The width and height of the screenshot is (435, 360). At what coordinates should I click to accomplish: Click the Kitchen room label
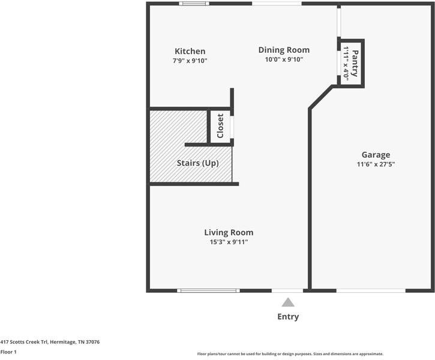point(190,52)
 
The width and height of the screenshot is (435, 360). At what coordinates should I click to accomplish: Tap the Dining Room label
point(284,50)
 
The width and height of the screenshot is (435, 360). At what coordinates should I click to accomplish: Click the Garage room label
point(376,155)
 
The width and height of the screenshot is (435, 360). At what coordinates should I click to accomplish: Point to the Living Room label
point(229,233)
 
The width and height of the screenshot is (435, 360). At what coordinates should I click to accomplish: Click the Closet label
point(220,126)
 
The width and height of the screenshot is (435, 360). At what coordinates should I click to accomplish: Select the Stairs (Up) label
point(197,163)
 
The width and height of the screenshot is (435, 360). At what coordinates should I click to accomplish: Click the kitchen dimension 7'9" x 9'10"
point(190,61)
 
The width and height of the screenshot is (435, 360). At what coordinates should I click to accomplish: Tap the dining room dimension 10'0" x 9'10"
point(284,59)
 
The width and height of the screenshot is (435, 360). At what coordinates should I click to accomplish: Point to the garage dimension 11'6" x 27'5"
point(376,164)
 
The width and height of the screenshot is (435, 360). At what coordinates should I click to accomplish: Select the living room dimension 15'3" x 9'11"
point(229,242)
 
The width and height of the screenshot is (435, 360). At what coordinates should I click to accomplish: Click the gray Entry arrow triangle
point(288,302)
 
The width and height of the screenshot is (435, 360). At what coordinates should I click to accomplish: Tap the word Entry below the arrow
point(288,317)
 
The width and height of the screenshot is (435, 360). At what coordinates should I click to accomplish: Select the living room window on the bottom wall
point(209,291)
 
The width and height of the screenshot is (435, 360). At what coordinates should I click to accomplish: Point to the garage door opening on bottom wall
point(370,291)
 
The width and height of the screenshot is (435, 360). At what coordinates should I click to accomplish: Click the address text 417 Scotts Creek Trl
point(50,342)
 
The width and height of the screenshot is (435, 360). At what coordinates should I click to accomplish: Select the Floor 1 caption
point(8,352)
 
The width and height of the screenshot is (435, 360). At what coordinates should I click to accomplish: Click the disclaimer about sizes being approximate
point(290,354)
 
